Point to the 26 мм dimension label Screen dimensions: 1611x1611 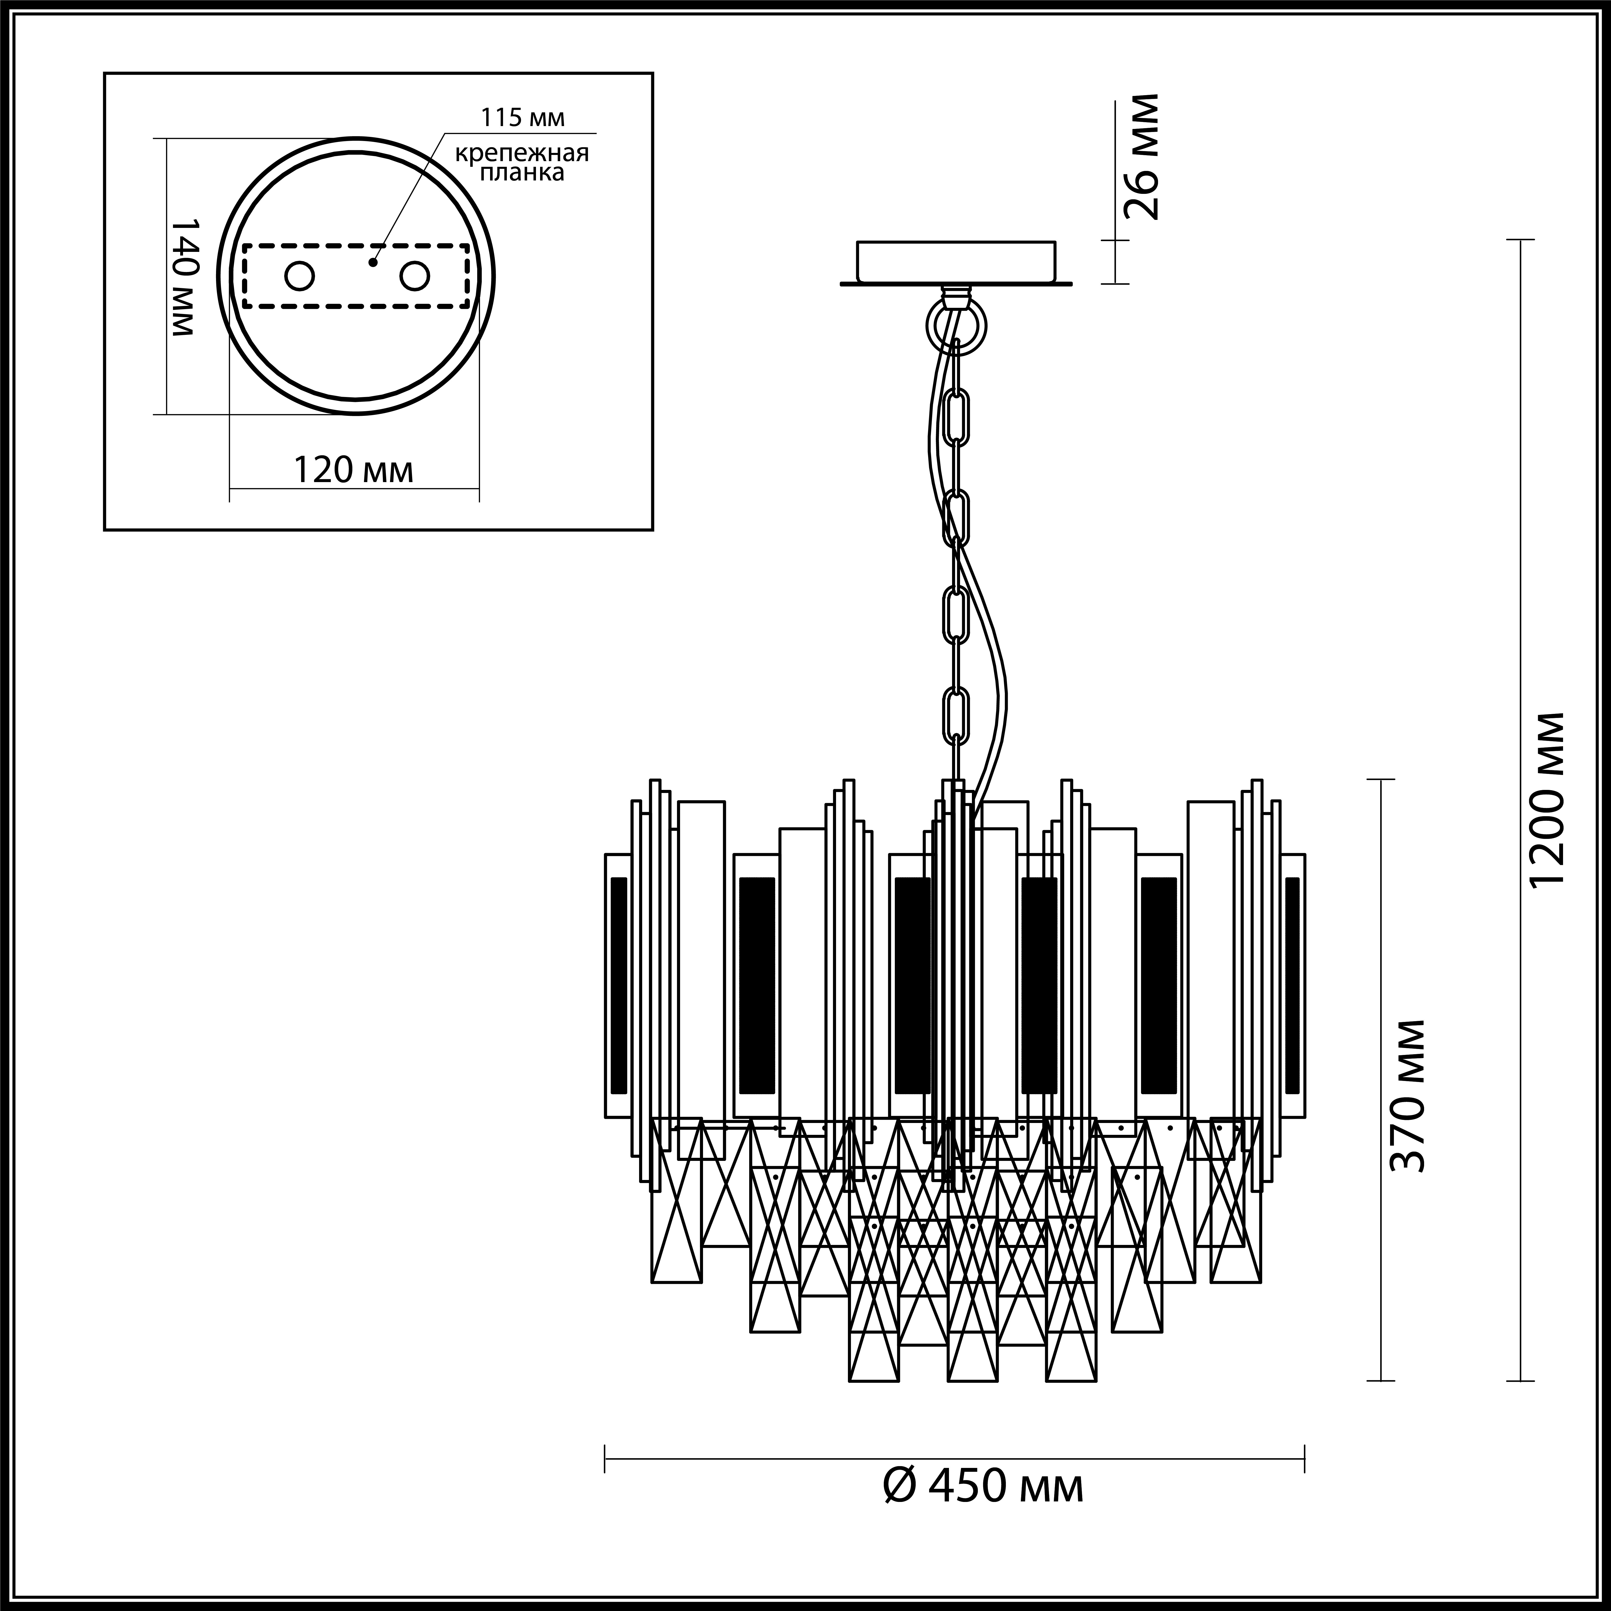click(1140, 157)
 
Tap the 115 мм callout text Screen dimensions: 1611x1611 click(522, 118)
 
